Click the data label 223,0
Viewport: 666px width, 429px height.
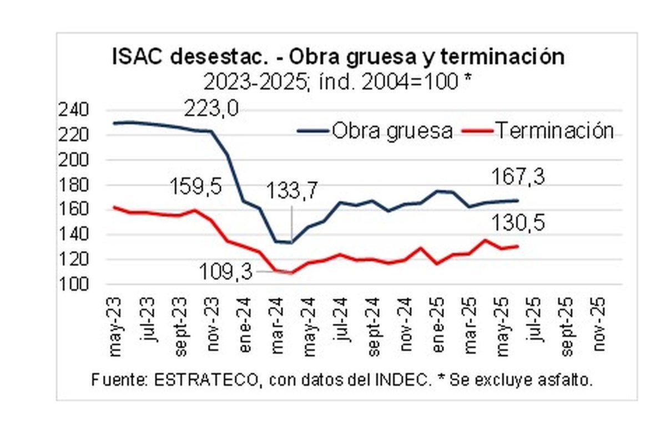point(211,109)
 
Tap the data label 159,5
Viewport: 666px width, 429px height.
point(195,186)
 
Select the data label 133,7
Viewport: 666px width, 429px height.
point(292,190)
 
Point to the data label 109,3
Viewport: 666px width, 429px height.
point(226,272)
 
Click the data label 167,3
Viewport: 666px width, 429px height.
point(518,176)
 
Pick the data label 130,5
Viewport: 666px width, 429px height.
point(518,223)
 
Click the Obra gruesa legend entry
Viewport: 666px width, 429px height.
point(375,131)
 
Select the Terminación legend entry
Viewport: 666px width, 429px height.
point(537,131)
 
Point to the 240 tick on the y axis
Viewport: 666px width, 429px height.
point(73,110)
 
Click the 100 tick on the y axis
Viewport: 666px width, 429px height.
point(73,284)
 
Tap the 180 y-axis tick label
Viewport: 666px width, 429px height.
point(73,185)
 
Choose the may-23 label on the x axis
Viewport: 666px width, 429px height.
point(115,326)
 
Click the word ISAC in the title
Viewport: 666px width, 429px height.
point(138,57)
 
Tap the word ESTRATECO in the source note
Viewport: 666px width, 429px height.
point(206,380)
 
